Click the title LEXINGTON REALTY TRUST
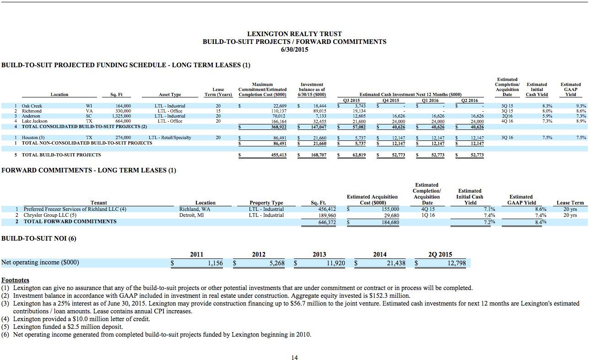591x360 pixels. tap(294, 34)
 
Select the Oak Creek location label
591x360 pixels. tap(32, 106)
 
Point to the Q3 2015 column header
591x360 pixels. tap(351, 101)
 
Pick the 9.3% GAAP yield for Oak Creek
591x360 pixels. tap(581, 106)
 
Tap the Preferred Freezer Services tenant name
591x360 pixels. tap(75, 209)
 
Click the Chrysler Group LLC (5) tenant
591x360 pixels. tap(50, 215)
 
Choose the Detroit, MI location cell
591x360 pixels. tap(191, 215)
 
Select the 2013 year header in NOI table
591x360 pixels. tap(319, 254)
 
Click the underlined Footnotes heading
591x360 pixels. tap(15, 279)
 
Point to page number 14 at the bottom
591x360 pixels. tap(294, 357)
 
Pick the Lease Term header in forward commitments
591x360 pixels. tap(570, 203)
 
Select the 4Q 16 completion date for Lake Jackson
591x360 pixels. tap(507, 121)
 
